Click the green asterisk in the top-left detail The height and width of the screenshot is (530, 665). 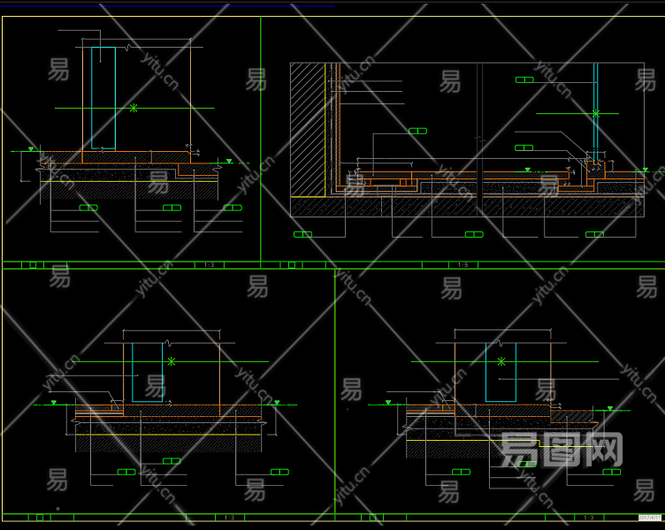tap(134, 108)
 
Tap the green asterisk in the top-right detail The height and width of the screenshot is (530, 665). tap(595, 113)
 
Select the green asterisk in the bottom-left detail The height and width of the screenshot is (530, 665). tap(171, 360)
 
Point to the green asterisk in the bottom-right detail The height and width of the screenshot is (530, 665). tap(501, 361)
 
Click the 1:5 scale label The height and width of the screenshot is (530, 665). tap(462, 264)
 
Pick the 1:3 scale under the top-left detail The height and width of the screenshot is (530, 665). tap(209, 264)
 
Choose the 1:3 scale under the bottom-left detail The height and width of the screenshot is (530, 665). tap(229, 518)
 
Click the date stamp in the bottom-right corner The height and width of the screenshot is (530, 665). tap(650, 519)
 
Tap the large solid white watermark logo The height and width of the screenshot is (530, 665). tap(562, 450)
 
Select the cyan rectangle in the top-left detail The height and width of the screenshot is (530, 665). tap(103, 97)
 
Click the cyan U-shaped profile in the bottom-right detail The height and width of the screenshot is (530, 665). tap(500, 373)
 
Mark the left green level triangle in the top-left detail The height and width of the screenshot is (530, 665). tap(32, 148)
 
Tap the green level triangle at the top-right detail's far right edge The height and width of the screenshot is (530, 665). tap(646, 169)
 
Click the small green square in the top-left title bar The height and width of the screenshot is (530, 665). tap(34, 264)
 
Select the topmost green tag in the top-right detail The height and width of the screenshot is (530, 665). tap(524, 79)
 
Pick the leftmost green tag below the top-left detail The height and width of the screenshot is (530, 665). tap(88, 208)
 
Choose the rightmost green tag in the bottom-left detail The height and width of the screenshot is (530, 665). tap(280, 472)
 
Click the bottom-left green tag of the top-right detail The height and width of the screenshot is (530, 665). tap(302, 234)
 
